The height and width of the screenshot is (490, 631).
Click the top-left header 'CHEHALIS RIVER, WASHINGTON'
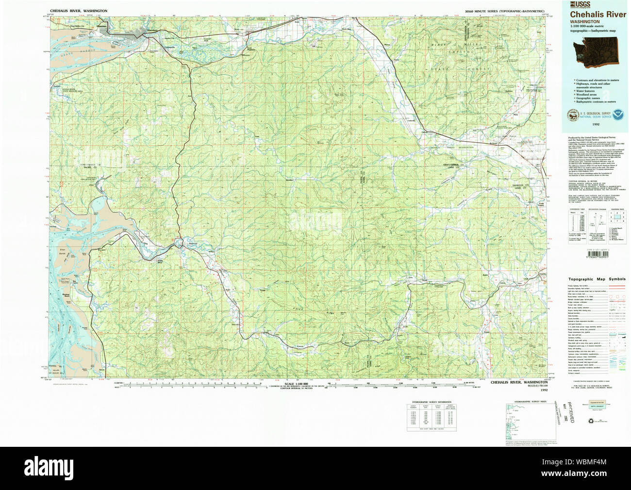(x=78, y=10)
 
